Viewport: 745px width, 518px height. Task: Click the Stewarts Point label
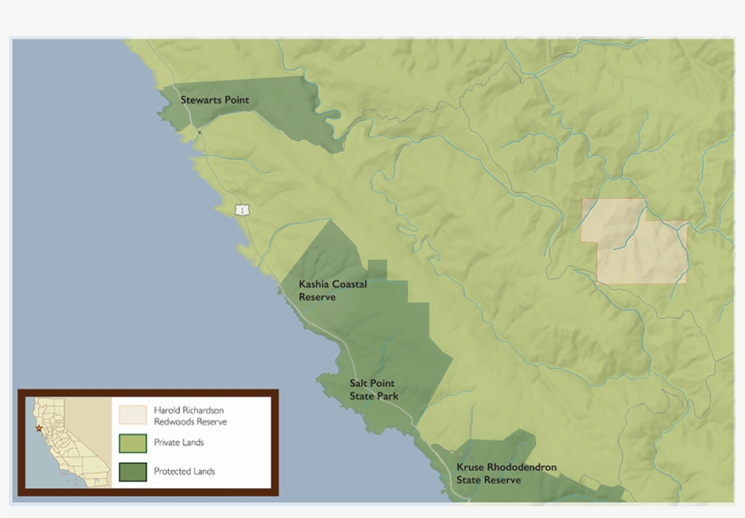pos(214,100)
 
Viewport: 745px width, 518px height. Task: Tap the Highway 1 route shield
pos(242,210)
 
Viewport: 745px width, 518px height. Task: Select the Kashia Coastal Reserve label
pos(333,291)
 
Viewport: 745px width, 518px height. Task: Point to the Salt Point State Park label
pos(373,390)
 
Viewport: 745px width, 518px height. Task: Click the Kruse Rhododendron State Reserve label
pos(506,473)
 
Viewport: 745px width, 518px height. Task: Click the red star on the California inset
pos(39,428)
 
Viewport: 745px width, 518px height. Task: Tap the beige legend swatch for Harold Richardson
pos(132,415)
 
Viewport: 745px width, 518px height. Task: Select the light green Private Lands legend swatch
pos(132,443)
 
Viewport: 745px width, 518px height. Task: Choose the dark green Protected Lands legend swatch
pos(132,471)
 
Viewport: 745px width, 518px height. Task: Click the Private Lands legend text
pos(179,443)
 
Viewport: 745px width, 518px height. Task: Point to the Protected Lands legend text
pos(184,472)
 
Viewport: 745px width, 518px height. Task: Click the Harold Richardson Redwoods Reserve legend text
pos(190,416)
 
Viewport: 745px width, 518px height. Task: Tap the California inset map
pos(67,442)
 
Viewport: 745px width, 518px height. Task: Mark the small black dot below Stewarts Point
pos(200,133)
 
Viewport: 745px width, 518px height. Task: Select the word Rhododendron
pos(521,467)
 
